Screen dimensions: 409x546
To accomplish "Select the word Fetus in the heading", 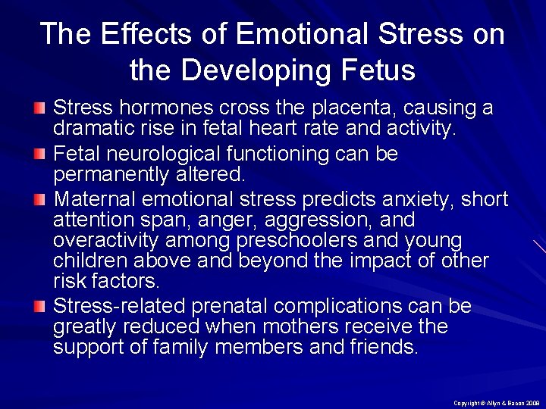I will (380, 70).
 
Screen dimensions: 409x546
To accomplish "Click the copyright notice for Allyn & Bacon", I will (496, 402).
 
